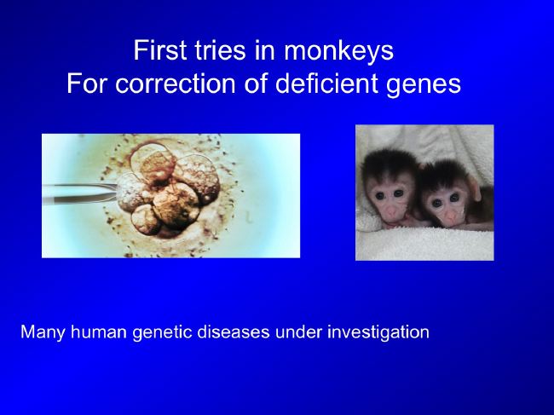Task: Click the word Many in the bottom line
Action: [x=43, y=333]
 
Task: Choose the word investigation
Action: [x=378, y=333]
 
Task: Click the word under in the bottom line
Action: [x=298, y=332]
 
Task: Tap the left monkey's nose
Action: [x=391, y=212]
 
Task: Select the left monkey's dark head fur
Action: [x=388, y=167]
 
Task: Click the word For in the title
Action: [x=88, y=84]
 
